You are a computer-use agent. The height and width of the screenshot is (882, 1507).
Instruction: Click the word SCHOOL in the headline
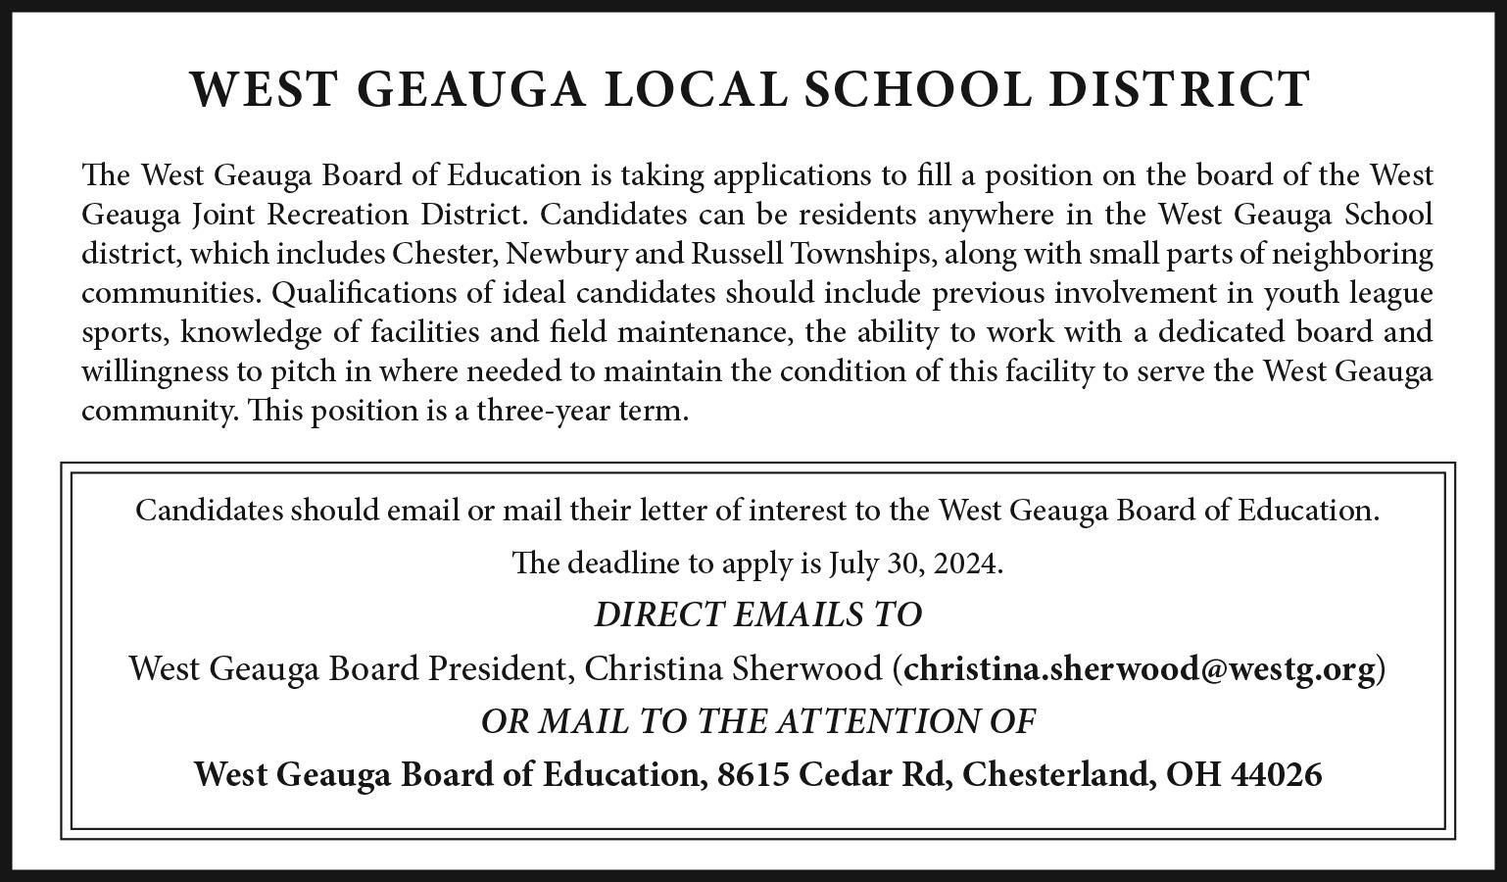point(916,89)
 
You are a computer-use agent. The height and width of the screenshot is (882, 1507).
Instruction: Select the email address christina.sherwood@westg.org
point(1140,668)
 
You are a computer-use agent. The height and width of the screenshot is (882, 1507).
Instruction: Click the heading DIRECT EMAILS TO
point(757,615)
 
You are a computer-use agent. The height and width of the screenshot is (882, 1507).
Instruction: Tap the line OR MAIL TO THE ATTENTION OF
point(757,721)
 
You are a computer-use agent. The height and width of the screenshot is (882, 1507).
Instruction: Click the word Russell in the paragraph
point(737,254)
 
